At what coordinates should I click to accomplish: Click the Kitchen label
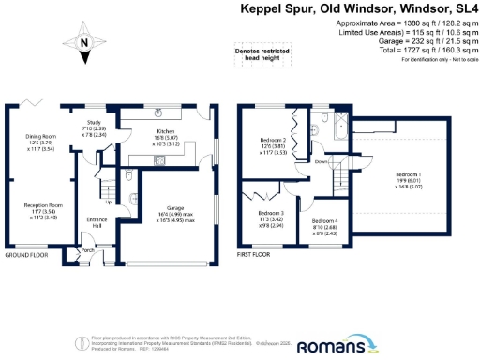(156, 133)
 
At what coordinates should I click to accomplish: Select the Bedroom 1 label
(408, 175)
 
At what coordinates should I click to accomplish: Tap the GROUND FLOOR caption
(26, 256)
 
